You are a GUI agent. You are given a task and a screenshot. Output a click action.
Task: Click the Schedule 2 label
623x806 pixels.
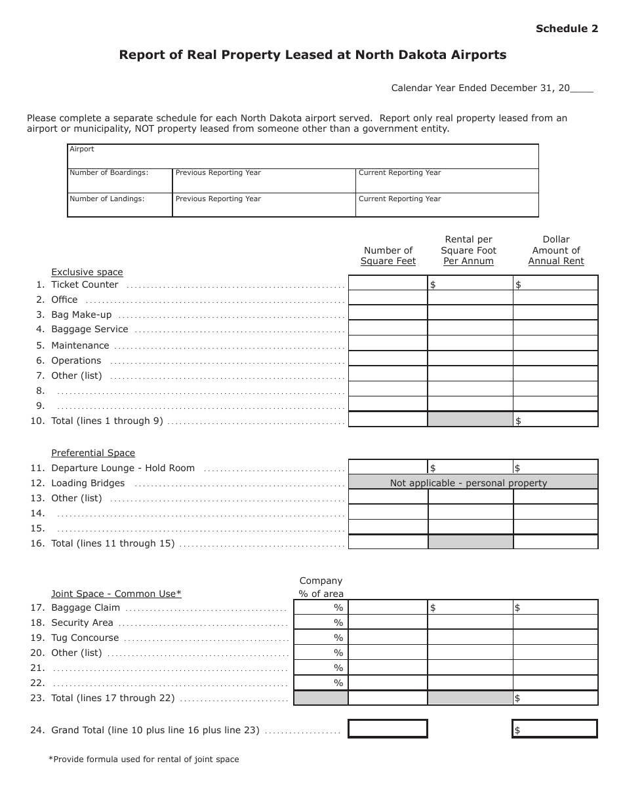pos(567,28)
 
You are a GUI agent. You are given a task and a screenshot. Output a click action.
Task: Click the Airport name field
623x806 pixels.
pos(303,157)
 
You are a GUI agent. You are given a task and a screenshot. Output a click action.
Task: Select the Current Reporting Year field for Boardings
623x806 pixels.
pos(447,181)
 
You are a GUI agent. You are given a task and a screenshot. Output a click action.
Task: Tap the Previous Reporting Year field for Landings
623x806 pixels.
pos(264,205)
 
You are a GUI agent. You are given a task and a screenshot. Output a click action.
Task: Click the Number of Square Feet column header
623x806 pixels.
pos(388,256)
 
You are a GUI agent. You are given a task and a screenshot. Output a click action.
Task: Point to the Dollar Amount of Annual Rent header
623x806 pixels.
pos(556,250)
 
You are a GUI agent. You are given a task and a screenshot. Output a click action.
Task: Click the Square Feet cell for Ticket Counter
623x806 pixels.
pos(388,283)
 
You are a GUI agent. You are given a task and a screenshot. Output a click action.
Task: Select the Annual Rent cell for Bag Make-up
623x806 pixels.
pos(555,313)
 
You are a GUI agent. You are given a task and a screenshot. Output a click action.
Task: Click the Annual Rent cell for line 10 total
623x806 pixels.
pos(555,419)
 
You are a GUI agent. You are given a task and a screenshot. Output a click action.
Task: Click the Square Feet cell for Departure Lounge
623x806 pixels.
pos(388,467)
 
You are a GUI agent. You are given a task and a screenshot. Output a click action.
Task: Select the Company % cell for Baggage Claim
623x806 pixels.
pos(321,607)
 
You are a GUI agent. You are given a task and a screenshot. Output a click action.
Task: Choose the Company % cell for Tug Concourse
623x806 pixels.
pos(321,638)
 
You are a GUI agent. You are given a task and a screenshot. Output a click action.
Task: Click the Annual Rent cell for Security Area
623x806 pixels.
pos(555,623)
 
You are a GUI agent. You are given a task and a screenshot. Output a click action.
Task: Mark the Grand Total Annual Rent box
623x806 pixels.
pos(555,729)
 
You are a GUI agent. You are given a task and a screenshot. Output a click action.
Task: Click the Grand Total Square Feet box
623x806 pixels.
pos(388,729)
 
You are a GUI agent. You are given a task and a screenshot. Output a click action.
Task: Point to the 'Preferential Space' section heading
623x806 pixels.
pos(93,453)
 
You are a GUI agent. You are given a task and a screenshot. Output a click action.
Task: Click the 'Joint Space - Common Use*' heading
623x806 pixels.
pos(116,594)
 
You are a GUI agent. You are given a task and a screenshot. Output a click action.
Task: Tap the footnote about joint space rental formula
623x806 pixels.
pos(144,759)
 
